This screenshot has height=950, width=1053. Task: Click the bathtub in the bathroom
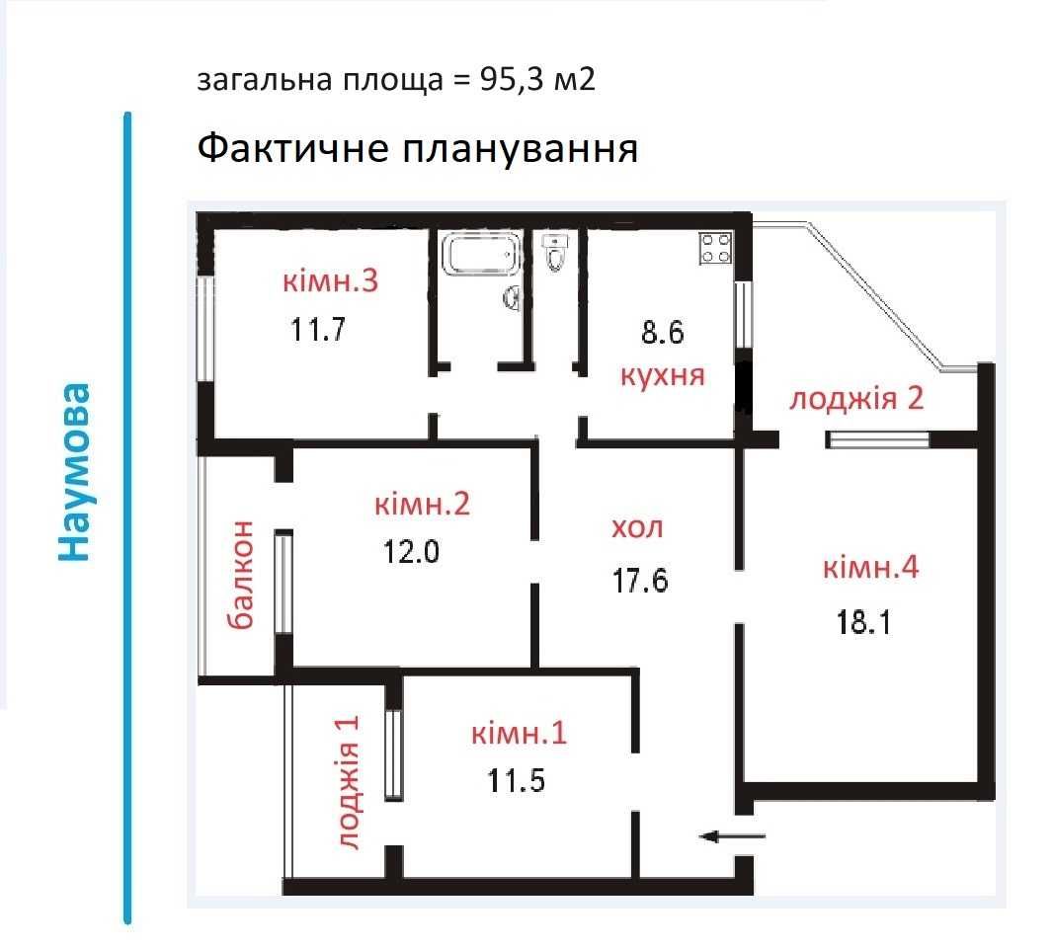[x=481, y=254]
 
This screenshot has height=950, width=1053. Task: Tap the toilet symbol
[x=555, y=252]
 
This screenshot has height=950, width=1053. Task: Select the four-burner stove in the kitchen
[x=715, y=248]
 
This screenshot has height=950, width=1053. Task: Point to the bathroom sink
[x=512, y=297]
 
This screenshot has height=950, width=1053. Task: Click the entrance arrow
[x=732, y=836]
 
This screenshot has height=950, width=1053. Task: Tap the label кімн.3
[x=330, y=280]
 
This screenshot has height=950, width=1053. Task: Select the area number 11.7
[x=318, y=330]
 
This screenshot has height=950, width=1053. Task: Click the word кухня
[x=662, y=375]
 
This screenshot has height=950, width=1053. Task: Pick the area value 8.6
[x=662, y=333]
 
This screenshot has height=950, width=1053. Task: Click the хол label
[x=637, y=527]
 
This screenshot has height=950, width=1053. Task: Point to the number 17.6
[x=640, y=581]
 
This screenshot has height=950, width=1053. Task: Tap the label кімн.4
[x=871, y=567]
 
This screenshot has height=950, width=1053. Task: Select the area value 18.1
[x=863, y=622]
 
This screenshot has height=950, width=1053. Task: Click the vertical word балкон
[x=241, y=575]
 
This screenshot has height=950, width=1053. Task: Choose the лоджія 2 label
[x=856, y=399]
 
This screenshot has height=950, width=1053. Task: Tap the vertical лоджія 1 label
[x=348, y=783]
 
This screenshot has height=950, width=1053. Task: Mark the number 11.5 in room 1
[x=516, y=781]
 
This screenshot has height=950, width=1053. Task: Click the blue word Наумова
[x=74, y=472]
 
